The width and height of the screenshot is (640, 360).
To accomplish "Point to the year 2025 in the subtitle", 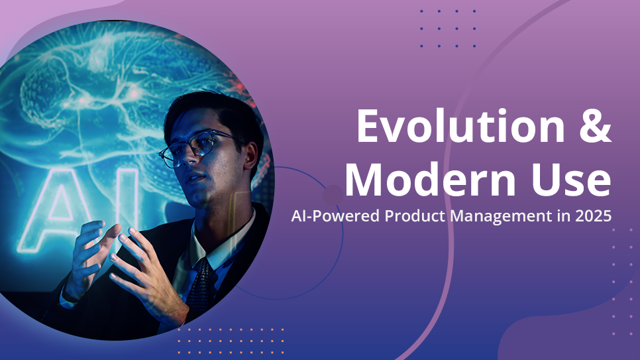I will [591, 216].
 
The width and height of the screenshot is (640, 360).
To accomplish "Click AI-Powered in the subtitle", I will [331, 216].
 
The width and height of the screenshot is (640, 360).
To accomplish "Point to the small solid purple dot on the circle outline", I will [333, 195].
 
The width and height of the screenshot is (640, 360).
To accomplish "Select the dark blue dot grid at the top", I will [448, 29].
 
